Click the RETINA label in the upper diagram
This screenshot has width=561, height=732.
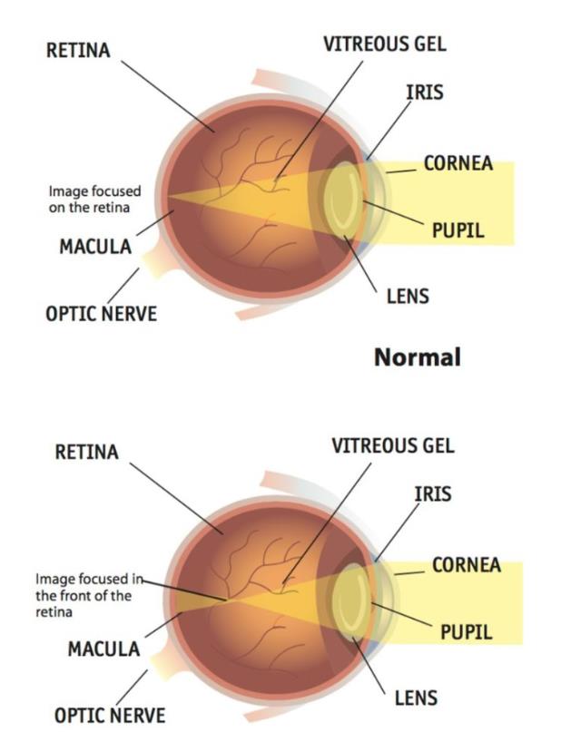[78, 51]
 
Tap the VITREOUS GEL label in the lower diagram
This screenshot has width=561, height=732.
[393, 446]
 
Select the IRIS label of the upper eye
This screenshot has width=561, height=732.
[425, 93]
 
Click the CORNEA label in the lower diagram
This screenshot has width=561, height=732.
[467, 565]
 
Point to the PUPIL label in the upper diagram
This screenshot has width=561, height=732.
[458, 230]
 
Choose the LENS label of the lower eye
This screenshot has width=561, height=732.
[416, 698]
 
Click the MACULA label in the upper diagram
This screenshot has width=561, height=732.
[95, 247]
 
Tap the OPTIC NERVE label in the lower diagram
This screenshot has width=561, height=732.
[110, 715]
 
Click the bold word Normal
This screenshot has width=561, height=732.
[418, 357]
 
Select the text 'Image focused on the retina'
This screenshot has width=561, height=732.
[94, 200]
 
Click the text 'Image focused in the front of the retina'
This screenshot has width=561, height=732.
[89, 595]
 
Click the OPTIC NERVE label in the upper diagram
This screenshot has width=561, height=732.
[102, 314]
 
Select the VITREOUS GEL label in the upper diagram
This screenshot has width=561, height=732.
[385, 44]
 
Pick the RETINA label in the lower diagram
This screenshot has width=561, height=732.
[87, 452]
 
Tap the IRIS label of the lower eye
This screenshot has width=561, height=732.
[433, 494]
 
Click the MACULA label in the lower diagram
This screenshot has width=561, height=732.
[103, 649]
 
